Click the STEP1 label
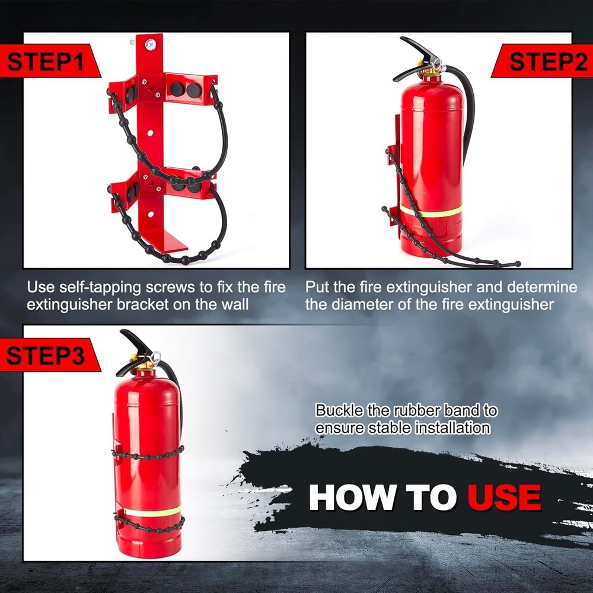[x=44, y=62]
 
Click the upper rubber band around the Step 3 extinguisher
[x=148, y=455]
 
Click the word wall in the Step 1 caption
[x=234, y=305]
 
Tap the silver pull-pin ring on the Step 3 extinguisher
[x=155, y=356]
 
